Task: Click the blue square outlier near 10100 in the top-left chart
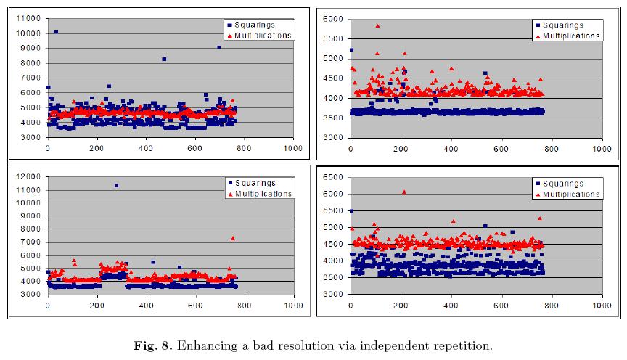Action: [56, 32]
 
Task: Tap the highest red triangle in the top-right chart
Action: [377, 26]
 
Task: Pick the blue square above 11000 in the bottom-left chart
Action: [116, 186]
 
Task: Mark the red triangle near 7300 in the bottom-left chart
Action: [233, 238]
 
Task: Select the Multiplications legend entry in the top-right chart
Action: [567, 36]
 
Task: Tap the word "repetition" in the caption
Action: [464, 345]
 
